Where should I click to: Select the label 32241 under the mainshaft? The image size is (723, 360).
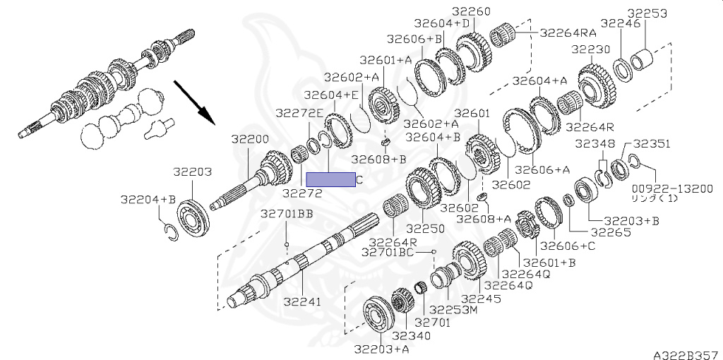(x=302, y=301)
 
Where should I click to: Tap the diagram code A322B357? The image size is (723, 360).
(x=684, y=352)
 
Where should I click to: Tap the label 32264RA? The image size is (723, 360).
(x=568, y=32)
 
